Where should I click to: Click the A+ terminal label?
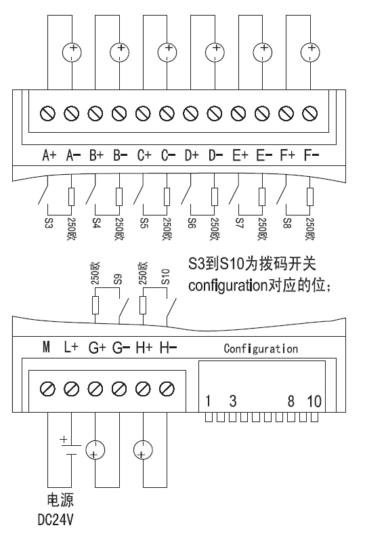click(x=49, y=155)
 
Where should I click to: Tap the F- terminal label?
click(x=312, y=155)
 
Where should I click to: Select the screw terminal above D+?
click(x=191, y=113)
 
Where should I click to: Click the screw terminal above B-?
click(x=119, y=113)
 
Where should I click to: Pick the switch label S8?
click(x=287, y=224)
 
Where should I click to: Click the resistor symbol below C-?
click(x=167, y=197)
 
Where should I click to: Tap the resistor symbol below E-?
click(x=262, y=197)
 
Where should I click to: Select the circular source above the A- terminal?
click(x=72, y=52)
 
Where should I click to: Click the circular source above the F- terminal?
click(x=310, y=52)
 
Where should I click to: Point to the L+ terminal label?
click(x=71, y=348)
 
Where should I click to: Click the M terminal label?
click(x=46, y=348)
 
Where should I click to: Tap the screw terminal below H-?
click(x=167, y=389)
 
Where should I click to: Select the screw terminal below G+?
click(x=95, y=389)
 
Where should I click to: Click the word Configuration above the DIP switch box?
click(x=261, y=349)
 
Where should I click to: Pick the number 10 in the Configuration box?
click(x=314, y=401)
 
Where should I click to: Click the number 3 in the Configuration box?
click(x=233, y=401)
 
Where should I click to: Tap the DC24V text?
click(x=56, y=520)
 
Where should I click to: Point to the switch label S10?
click(x=166, y=276)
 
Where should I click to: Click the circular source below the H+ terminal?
click(x=143, y=450)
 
